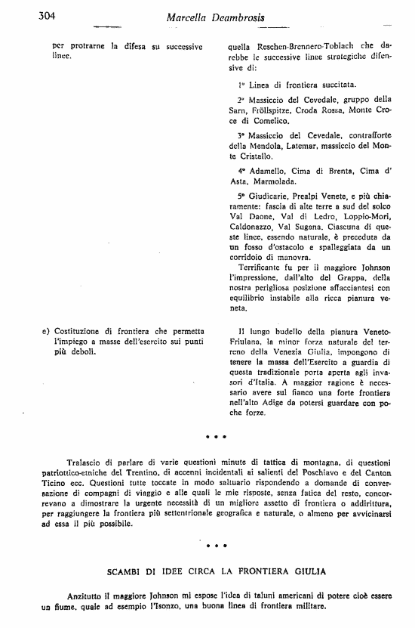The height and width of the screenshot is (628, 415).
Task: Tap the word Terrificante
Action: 263,267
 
